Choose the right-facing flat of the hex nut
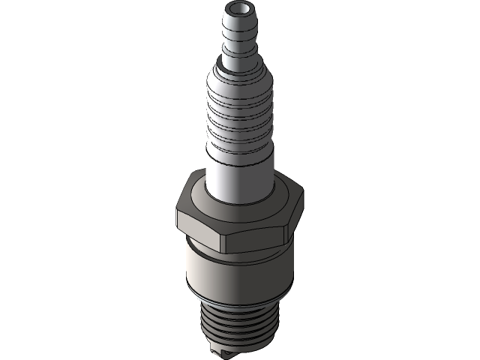click(297, 217)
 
